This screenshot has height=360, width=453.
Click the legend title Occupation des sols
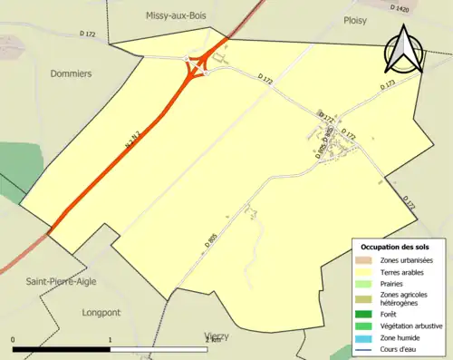click(x=397, y=247)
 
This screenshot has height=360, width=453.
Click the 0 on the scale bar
click(x=14, y=340)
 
